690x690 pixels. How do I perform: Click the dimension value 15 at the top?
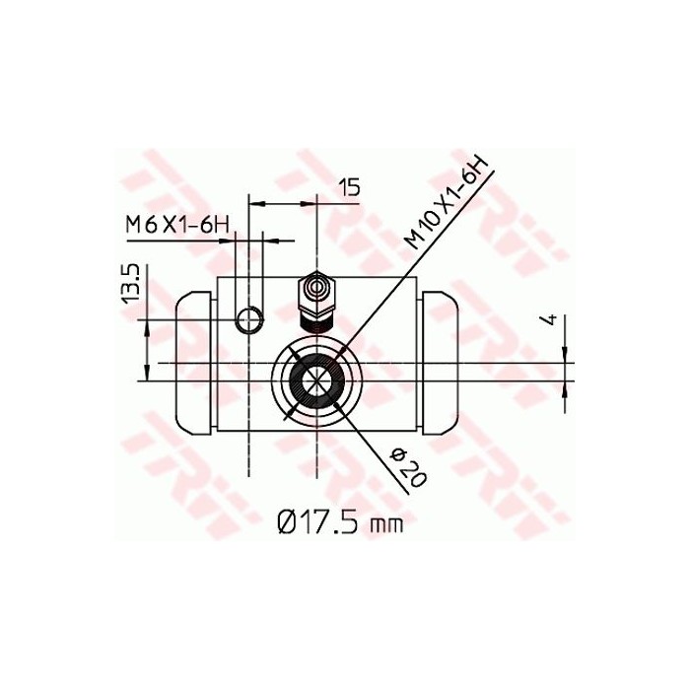(x=350, y=186)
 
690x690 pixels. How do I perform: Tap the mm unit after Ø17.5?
(x=385, y=525)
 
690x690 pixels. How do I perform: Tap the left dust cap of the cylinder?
(x=195, y=363)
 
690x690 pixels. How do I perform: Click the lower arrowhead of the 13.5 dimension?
(x=147, y=371)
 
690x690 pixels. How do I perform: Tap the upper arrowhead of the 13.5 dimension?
(x=147, y=326)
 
